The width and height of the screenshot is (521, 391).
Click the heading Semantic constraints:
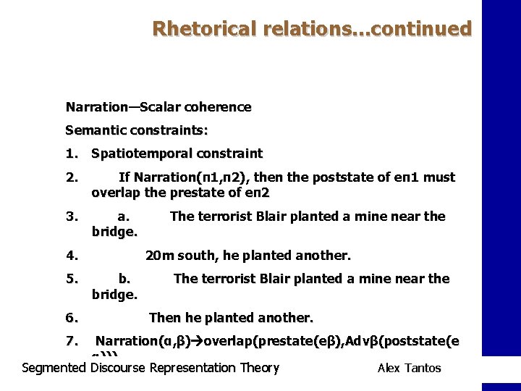point(137,130)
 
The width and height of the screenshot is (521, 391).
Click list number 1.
point(71,154)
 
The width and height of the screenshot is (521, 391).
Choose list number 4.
point(71,255)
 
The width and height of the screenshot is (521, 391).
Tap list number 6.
point(71,317)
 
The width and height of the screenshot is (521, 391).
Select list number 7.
point(71,340)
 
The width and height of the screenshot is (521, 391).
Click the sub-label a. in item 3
point(124,216)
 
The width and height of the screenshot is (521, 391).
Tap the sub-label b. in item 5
point(124,279)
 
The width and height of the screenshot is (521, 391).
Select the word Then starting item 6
point(164,317)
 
